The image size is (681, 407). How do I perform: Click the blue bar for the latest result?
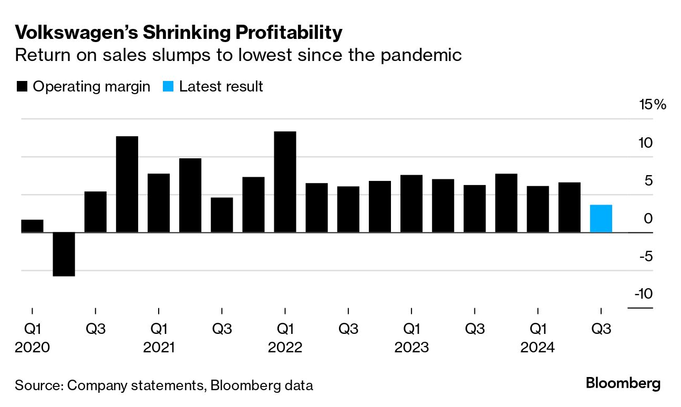(x=601, y=219)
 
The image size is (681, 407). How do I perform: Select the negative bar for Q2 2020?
(x=64, y=254)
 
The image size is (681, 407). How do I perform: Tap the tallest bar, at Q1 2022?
(x=285, y=182)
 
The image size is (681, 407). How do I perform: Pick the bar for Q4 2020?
(x=127, y=184)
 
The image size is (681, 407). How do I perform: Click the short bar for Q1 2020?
(x=32, y=226)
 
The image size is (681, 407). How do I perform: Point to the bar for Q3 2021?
(x=222, y=215)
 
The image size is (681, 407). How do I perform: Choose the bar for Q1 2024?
(x=538, y=209)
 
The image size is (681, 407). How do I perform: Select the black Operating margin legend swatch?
(x=22, y=87)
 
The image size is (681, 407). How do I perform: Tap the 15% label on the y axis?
(x=652, y=105)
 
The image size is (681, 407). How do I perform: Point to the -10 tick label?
(x=643, y=293)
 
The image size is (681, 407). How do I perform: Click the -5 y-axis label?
(x=645, y=256)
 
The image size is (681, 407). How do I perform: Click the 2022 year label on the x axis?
(x=285, y=348)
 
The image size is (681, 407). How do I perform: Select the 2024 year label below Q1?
(x=537, y=348)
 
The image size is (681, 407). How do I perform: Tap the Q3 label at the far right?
(x=601, y=329)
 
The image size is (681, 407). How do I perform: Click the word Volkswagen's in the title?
(x=77, y=33)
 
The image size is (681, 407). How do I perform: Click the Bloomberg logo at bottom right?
(x=623, y=383)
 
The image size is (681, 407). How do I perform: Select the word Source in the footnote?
(x=38, y=385)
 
